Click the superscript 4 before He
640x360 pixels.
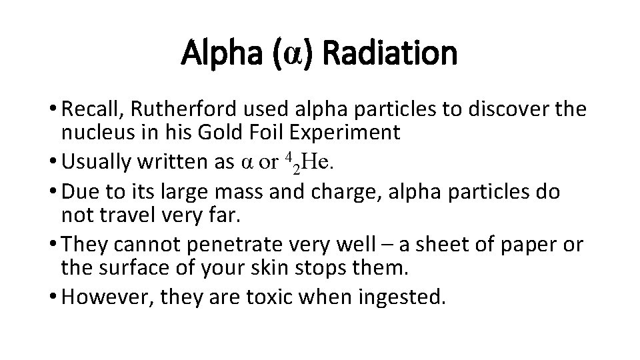[287, 157]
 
